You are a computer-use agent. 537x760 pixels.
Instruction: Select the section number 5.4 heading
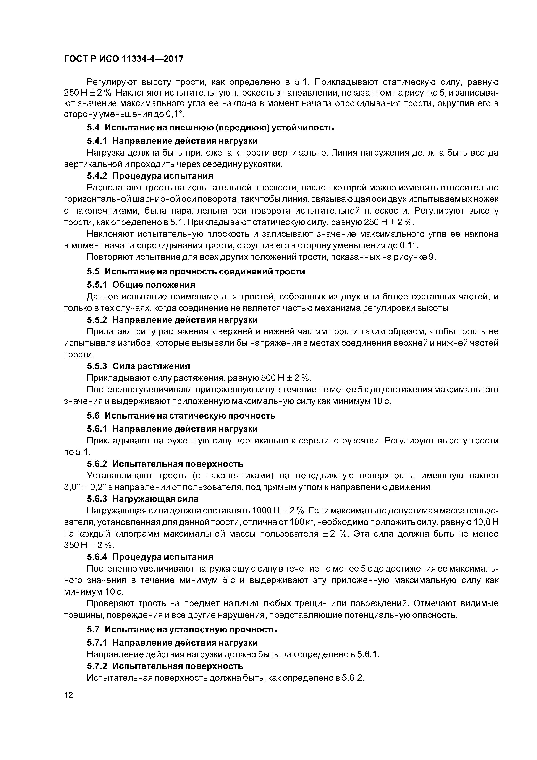93,127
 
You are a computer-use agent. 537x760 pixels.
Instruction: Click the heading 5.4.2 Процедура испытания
150,176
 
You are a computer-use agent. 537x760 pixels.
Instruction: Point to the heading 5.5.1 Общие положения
141,285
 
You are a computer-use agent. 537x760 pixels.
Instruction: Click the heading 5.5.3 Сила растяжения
138,366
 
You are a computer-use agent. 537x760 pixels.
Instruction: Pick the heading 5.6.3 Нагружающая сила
143,499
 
